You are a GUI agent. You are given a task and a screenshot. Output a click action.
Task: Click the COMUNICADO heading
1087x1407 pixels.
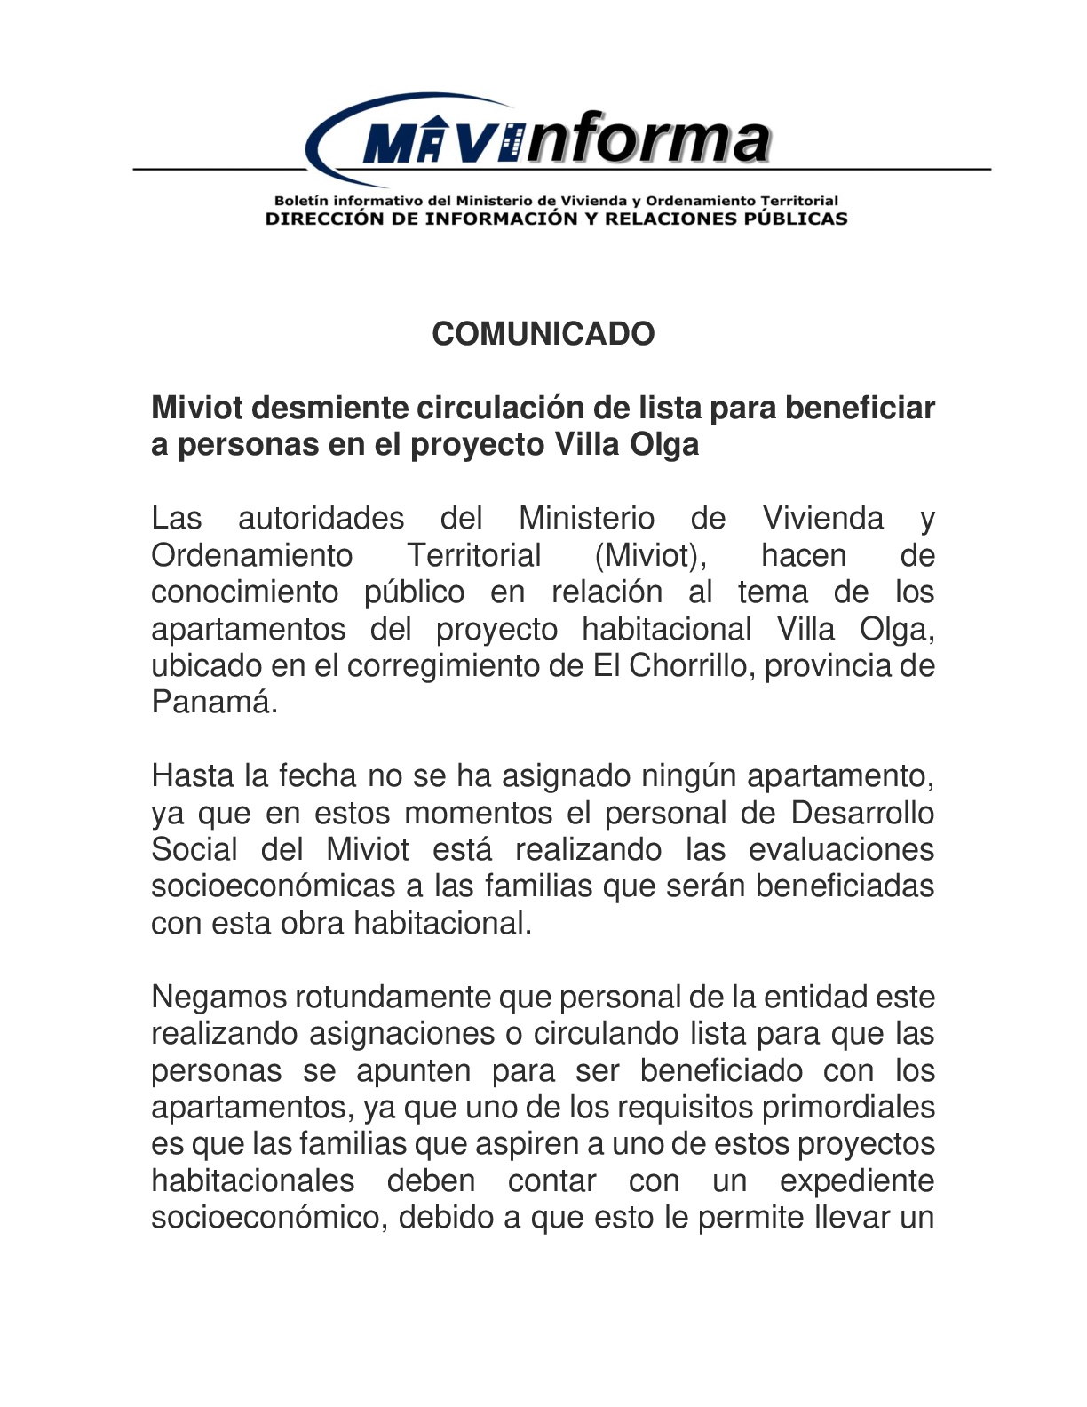[x=543, y=334]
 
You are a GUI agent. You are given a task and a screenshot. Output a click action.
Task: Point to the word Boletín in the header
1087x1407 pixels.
[x=300, y=201]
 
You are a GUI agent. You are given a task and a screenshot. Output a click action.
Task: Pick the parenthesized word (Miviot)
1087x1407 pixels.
[x=650, y=555]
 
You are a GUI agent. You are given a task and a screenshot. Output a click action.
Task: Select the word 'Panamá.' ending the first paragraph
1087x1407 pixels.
[x=214, y=703]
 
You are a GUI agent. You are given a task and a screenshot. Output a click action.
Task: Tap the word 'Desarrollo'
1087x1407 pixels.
[x=861, y=813]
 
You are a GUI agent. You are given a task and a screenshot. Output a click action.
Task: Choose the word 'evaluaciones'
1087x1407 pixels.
[x=840, y=850]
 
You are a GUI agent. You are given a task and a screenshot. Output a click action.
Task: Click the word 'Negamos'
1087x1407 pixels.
[x=218, y=997]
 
